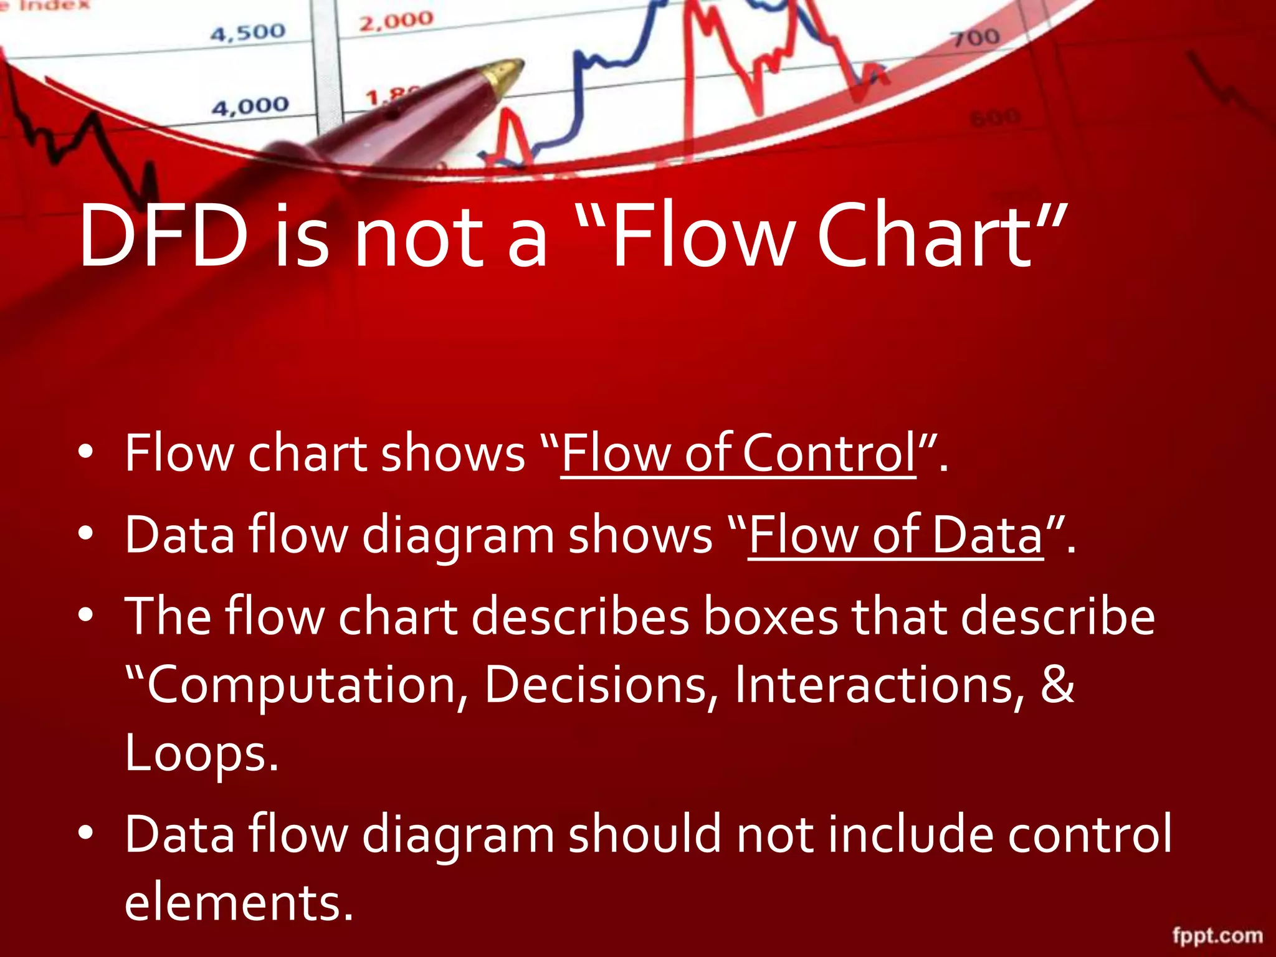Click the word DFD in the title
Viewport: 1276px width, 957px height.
click(163, 237)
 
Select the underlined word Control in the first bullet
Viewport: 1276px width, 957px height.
click(829, 453)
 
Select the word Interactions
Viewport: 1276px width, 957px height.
click(878, 684)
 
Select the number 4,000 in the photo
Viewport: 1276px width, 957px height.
click(250, 107)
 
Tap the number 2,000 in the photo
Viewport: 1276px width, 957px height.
click(396, 21)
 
